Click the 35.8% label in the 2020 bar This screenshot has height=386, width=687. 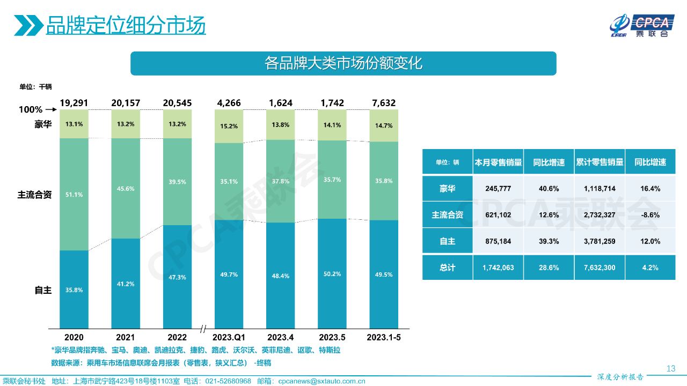74,289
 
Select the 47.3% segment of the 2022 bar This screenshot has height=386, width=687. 177,277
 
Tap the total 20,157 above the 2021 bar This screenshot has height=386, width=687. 125,103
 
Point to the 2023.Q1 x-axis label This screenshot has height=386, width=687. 229,337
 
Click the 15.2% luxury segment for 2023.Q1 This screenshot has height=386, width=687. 229,127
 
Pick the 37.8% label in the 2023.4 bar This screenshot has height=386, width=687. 281,181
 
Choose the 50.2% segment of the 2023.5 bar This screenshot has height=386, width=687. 332,273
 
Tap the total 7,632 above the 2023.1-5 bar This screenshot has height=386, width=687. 384,103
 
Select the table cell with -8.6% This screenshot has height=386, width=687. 649,215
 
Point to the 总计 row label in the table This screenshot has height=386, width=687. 447,268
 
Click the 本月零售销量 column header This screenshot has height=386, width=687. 498,162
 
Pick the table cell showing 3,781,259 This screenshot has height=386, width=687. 600,241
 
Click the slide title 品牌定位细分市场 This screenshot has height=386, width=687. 126,25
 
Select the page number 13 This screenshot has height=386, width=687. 670,368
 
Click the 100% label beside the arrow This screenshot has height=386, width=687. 31,109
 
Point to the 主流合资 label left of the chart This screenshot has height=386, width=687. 34,195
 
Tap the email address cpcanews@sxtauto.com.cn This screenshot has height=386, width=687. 321,381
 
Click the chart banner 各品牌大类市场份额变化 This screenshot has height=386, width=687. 343,63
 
